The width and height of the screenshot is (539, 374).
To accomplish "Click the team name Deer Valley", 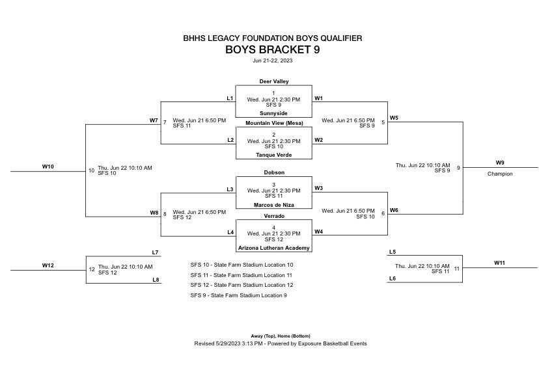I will coord(273,81).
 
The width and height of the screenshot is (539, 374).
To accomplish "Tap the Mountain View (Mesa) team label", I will coord(273,123).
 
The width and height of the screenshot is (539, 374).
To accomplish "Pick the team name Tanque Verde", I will coord(273,155).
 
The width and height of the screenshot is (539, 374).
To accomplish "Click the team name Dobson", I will coord(273,172).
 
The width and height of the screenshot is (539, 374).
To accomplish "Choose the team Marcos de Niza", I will coord(273,204).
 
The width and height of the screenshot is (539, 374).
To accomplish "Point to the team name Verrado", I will coord(273,215).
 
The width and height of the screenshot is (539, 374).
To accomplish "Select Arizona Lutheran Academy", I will coord(273,248).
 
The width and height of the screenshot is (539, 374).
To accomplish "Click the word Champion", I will coord(500,174).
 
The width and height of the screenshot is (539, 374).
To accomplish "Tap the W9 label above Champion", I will coord(500,163).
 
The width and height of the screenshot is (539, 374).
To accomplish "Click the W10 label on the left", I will coord(48,167).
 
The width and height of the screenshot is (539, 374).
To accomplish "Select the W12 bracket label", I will coord(48,265).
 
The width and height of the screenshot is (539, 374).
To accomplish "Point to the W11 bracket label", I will coord(500,262).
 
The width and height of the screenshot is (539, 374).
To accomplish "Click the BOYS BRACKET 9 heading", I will coord(273,49).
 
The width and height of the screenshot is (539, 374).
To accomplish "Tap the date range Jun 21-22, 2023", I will coord(273,60).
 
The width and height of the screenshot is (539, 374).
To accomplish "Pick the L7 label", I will coord(155,252).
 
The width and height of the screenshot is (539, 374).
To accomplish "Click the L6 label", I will coord(392,278).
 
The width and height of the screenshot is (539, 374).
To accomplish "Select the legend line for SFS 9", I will coord(238,295).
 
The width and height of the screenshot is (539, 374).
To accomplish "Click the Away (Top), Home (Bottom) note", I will coord(273,336).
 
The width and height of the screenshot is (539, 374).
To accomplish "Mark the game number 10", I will coord(91,170).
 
